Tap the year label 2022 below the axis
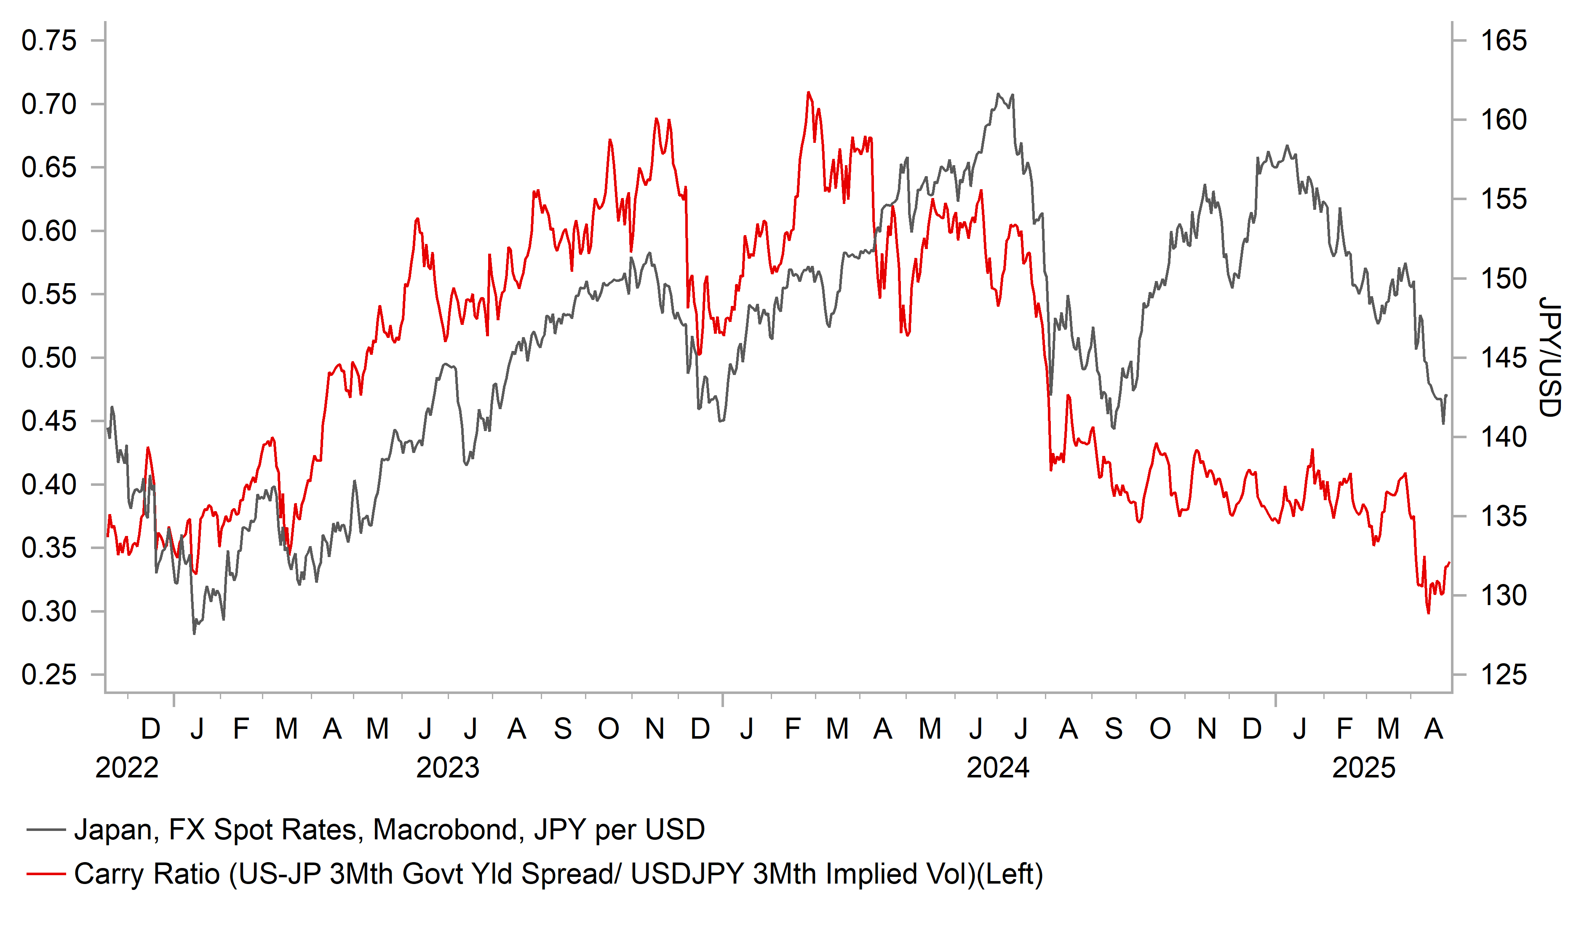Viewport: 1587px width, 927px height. coord(127,768)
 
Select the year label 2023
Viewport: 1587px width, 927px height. coord(448,768)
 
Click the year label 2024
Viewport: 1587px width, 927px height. coord(998,768)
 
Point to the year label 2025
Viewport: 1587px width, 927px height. coord(1364,768)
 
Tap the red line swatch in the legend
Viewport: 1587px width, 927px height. coord(46,874)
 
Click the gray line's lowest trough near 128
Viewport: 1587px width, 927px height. coord(194,633)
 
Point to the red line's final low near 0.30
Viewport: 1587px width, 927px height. coord(1428,613)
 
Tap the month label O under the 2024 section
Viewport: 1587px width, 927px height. coord(1160,729)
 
